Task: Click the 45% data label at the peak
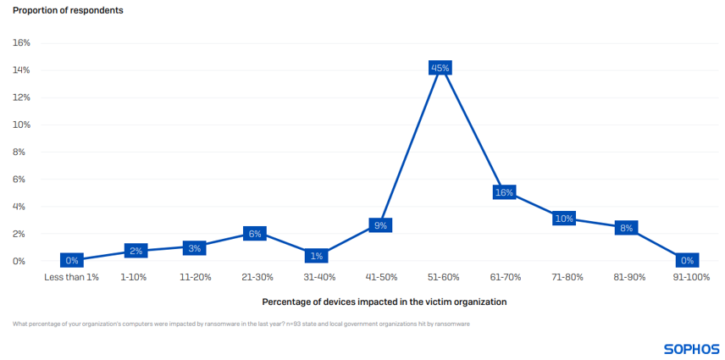[440, 68]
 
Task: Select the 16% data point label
[504, 192]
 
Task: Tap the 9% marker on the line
[380, 225]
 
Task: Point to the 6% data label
[254, 234]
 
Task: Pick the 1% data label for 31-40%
[317, 256]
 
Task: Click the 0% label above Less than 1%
[72, 261]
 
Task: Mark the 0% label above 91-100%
[687, 261]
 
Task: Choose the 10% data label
[564, 219]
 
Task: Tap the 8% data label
[626, 228]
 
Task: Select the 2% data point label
[135, 251]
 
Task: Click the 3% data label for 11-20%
[194, 247]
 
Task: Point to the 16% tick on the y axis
[21, 42]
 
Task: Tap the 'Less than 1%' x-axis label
[72, 277]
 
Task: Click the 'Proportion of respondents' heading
[68, 9]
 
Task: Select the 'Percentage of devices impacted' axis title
[385, 302]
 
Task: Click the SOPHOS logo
[691, 348]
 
